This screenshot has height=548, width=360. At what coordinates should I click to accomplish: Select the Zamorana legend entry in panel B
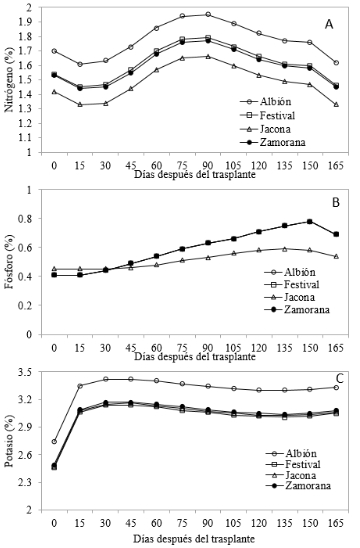click(x=297, y=310)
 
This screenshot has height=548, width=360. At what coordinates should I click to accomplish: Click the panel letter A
click(x=329, y=24)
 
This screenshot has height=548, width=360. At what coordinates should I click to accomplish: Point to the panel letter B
click(x=336, y=203)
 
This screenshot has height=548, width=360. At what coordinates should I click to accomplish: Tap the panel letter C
click(x=339, y=378)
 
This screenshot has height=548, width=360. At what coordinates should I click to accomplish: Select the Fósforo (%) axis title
click(x=9, y=262)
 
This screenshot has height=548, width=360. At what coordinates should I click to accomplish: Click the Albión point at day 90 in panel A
click(x=208, y=14)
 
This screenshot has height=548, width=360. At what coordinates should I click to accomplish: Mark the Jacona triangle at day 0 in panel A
click(x=54, y=92)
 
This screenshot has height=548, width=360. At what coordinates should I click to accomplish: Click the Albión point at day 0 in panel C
click(x=54, y=441)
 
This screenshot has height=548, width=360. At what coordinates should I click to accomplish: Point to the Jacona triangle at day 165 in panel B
click(x=336, y=256)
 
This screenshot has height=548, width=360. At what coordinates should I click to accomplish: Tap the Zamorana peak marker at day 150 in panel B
click(x=310, y=221)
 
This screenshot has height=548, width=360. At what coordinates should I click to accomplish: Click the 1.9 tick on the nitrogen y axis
click(x=30, y=22)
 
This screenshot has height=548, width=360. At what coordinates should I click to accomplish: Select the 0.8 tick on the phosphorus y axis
click(x=30, y=218)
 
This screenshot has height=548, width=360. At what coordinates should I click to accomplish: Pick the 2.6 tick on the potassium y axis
click(x=30, y=455)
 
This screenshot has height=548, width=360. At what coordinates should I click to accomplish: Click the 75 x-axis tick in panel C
click(x=182, y=523)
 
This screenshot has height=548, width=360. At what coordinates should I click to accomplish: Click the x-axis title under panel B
click(x=195, y=356)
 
